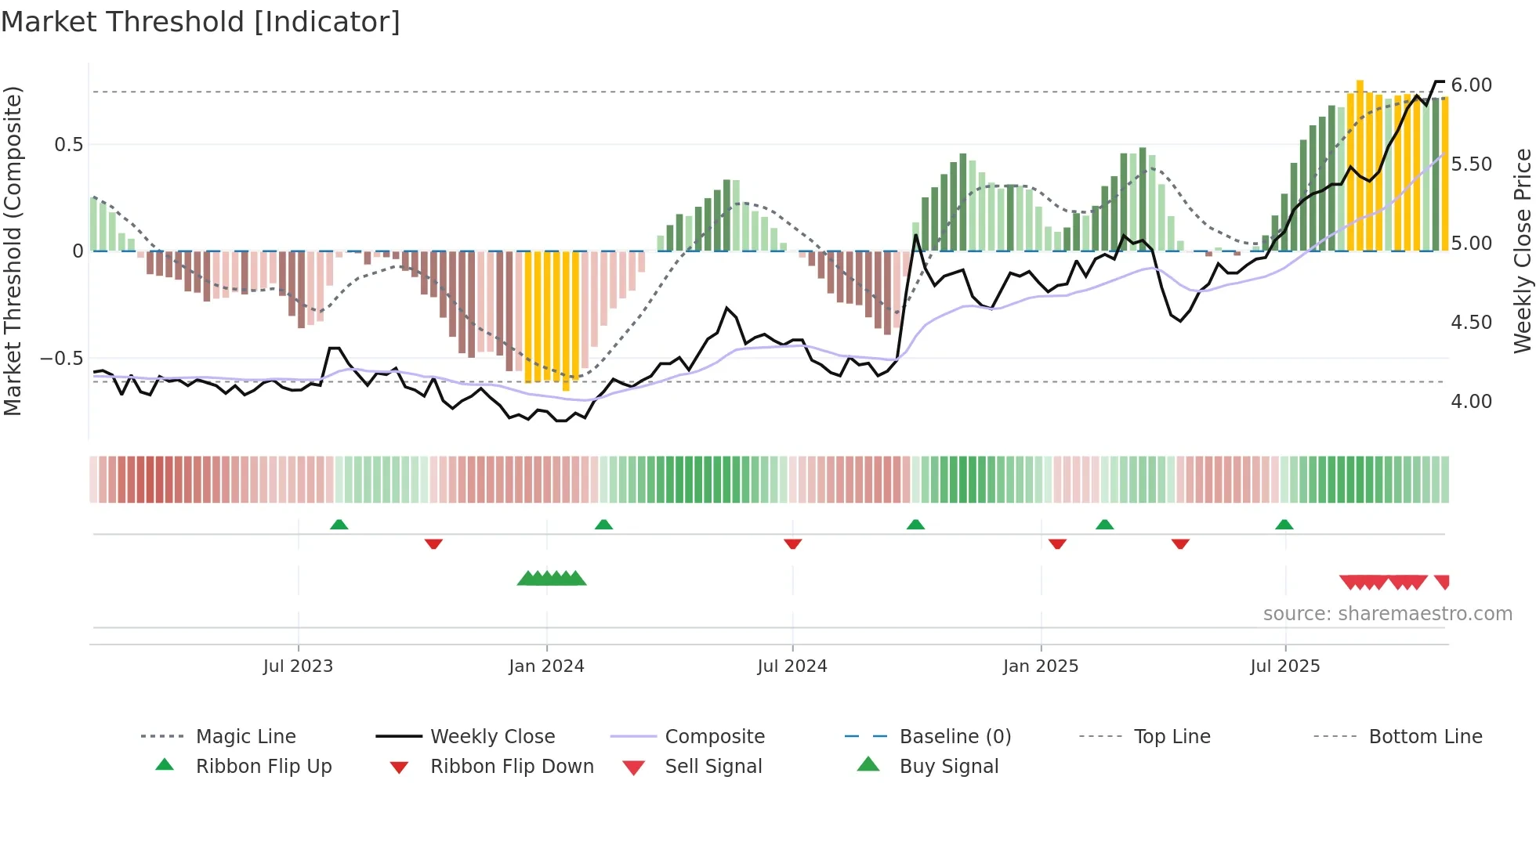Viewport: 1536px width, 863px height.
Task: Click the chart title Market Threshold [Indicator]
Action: click(201, 22)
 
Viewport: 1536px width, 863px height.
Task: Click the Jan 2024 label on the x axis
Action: click(546, 666)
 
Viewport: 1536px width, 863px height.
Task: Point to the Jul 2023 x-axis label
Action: click(298, 666)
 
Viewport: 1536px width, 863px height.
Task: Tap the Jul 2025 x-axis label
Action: click(1284, 666)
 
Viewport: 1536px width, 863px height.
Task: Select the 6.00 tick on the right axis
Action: click(1471, 85)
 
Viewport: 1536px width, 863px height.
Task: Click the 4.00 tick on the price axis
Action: click(1471, 402)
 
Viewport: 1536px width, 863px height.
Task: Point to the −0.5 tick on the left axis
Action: click(61, 359)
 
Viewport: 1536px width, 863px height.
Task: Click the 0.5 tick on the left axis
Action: click(68, 145)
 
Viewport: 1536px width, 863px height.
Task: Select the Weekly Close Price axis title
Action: click(1522, 251)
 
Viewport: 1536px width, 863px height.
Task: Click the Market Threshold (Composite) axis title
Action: click(13, 251)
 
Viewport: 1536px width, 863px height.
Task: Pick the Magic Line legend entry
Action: click(245, 737)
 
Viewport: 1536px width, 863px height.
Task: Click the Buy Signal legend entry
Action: click(948, 767)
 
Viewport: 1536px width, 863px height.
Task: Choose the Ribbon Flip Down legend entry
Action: click(512, 767)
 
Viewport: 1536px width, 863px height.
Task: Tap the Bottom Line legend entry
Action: click(1425, 737)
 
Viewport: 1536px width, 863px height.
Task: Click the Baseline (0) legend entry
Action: click(955, 737)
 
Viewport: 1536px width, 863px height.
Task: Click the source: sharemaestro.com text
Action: click(1387, 614)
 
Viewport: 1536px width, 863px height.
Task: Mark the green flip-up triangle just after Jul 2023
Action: click(339, 525)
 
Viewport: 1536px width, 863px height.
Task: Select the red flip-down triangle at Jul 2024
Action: click(792, 543)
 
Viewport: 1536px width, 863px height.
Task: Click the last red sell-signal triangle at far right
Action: click(1443, 581)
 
